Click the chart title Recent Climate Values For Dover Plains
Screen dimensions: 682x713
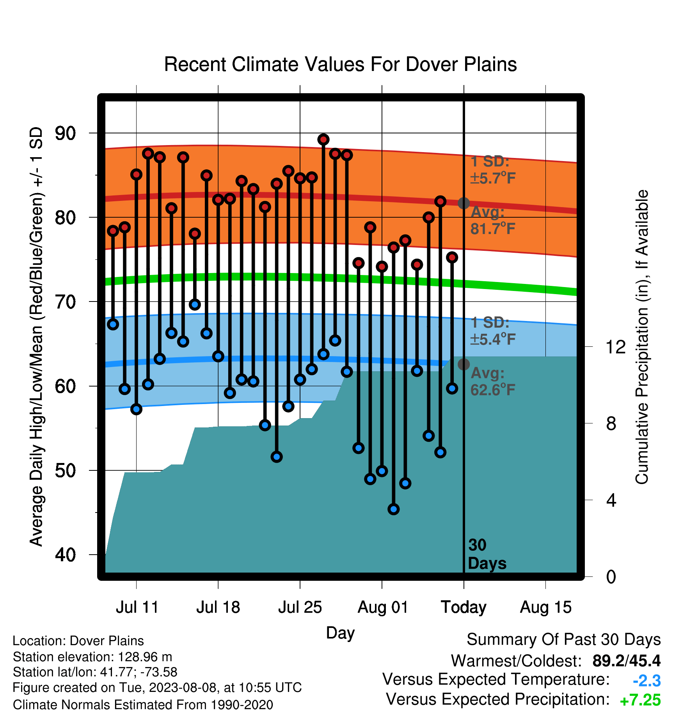pyautogui.click(x=340, y=64)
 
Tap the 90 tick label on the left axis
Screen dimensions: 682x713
pyautogui.click(x=66, y=133)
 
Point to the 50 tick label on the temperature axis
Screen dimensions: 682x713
pyautogui.click(x=66, y=470)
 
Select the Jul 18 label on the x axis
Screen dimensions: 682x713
pyautogui.click(x=218, y=607)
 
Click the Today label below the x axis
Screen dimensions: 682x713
pyautogui.click(x=464, y=607)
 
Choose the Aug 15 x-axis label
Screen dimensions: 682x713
pyautogui.click(x=545, y=607)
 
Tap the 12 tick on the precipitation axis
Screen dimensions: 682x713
pyautogui.click(x=615, y=347)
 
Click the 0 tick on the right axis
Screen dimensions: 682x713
pyautogui.click(x=611, y=576)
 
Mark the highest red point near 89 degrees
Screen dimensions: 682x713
pyautogui.click(x=323, y=139)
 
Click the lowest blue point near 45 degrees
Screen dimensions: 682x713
pyautogui.click(x=394, y=509)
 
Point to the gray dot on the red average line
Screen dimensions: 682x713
pyautogui.click(x=464, y=203)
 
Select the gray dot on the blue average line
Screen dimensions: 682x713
pyautogui.click(x=464, y=364)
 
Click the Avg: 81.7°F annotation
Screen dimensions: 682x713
pyautogui.click(x=493, y=220)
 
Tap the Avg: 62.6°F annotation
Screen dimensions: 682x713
pyautogui.click(x=493, y=381)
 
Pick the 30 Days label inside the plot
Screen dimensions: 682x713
pyautogui.click(x=487, y=554)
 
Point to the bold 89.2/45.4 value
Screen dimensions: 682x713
pyautogui.click(x=627, y=661)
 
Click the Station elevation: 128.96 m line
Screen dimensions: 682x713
pyautogui.click(x=92, y=657)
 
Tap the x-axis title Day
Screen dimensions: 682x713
pyautogui.click(x=340, y=633)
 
